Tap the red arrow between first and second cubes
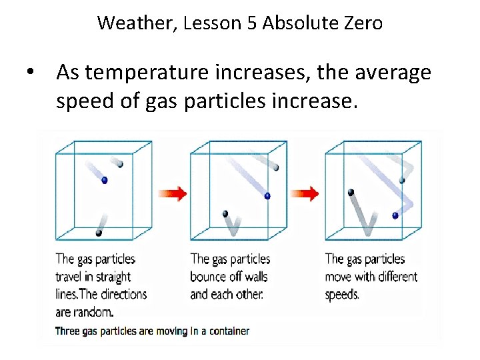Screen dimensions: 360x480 171,193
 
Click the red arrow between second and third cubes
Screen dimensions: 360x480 305,193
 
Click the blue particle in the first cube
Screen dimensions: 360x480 104,180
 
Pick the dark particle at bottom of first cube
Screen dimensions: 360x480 99,233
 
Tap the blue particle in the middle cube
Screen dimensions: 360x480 267,196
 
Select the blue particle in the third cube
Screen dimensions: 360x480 395,215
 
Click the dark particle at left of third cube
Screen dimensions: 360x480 351,193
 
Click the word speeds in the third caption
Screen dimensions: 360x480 341,294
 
